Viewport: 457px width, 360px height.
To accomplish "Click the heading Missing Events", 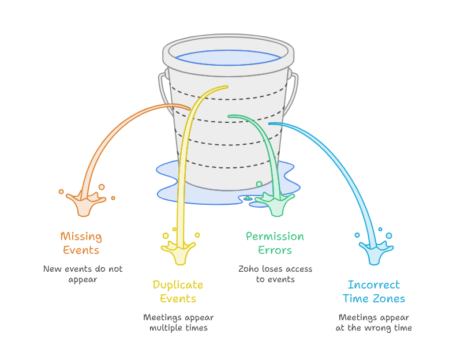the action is tap(81, 243).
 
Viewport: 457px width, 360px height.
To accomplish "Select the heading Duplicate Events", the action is tap(178, 291).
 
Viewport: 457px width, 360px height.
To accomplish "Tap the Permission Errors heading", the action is tap(275, 243).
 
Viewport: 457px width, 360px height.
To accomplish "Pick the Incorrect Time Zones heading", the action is tap(374, 291).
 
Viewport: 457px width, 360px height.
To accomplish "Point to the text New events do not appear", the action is tap(83, 274).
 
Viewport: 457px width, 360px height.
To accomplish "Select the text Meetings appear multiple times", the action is tap(178, 322).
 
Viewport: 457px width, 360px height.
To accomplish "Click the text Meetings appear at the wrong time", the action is tap(374, 322).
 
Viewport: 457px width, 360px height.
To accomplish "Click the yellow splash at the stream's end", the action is tap(179, 253).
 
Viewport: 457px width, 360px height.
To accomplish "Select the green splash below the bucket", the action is tap(276, 204).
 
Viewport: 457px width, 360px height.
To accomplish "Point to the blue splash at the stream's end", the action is tap(376, 253).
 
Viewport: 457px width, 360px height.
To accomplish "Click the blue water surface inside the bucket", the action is tap(228, 58).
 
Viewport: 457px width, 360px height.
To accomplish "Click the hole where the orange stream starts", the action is tap(188, 108).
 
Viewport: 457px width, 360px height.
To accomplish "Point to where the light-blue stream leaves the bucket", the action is tap(271, 123).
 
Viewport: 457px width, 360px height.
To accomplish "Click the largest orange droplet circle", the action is tap(102, 187).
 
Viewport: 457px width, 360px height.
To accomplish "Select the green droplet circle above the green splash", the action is tap(259, 184).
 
